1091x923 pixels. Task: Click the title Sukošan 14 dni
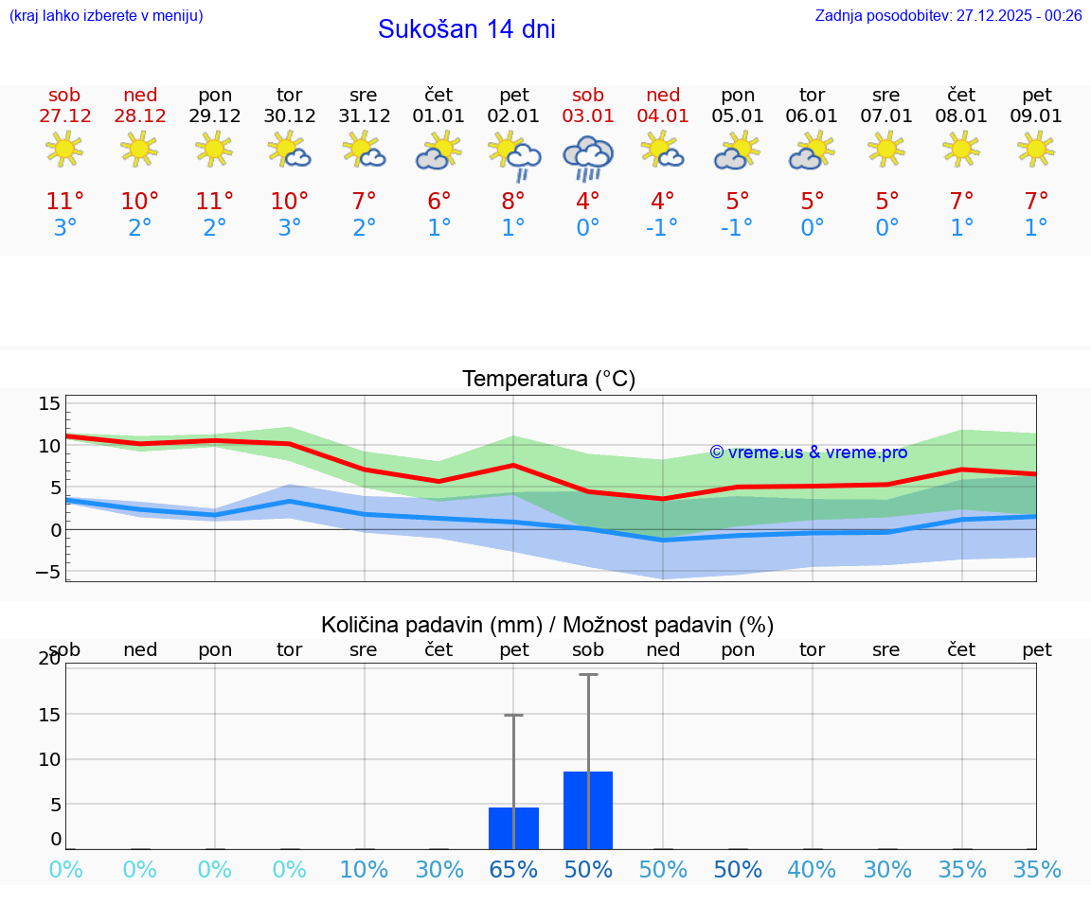click(466, 29)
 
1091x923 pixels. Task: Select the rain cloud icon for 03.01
click(588, 156)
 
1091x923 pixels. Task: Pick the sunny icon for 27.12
click(64, 149)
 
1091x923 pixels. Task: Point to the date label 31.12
click(364, 115)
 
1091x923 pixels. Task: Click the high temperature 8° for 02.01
click(513, 201)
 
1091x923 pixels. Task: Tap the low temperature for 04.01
click(663, 228)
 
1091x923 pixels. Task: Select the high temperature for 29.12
click(215, 201)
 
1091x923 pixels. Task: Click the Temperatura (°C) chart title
click(548, 379)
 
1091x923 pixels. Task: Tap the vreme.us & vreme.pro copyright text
click(808, 453)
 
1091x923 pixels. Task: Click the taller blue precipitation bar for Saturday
click(588, 809)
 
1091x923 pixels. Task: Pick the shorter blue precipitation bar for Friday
click(513, 827)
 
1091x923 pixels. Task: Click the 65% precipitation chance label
click(513, 869)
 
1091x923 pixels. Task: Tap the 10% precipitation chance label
click(364, 869)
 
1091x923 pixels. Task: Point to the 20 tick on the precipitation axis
click(49, 659)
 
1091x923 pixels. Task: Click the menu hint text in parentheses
click(105, 15)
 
